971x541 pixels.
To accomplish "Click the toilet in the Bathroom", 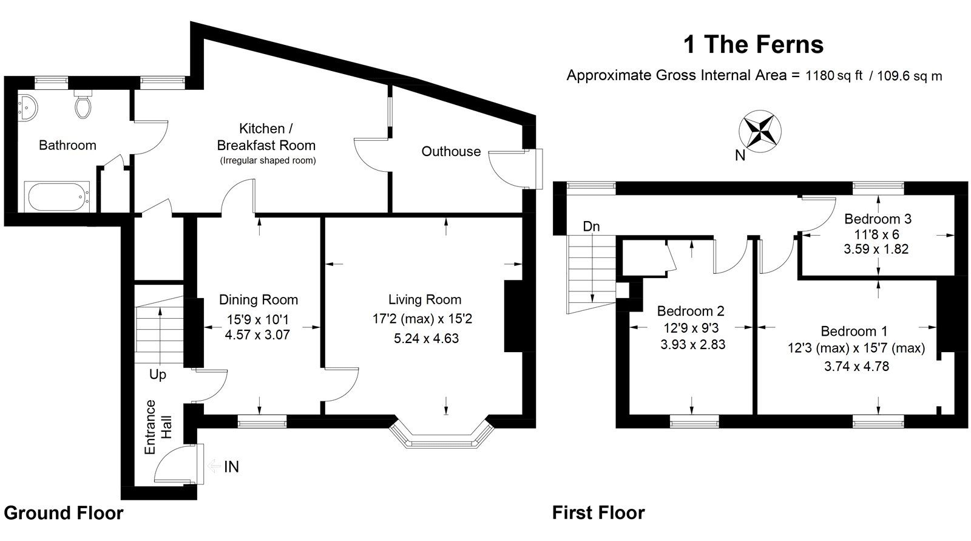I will click(83, 106).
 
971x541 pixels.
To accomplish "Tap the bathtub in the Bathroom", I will click(58, 196).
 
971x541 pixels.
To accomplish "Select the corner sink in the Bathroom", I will click(28, 107).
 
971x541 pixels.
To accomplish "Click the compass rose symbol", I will click(759, 131).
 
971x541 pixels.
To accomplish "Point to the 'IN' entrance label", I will click(231, 467).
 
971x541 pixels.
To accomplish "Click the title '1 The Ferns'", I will click(753, 44).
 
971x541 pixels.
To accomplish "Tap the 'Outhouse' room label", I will click(451, 152).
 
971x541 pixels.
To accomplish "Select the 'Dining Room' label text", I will click(259, 300).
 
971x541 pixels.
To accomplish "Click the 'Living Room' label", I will click(425, 300).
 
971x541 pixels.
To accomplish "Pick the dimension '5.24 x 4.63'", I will click(426, 339).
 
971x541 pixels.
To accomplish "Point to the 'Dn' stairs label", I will click(591, 226).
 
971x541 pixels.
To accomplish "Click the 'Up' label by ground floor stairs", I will click(157, 375).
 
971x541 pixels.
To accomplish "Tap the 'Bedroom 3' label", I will click(878, 219).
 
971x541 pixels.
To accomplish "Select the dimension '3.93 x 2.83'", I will click(692, 345).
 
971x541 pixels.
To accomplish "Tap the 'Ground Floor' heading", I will click(63, 513).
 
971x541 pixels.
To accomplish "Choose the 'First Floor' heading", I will click(598, 513).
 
